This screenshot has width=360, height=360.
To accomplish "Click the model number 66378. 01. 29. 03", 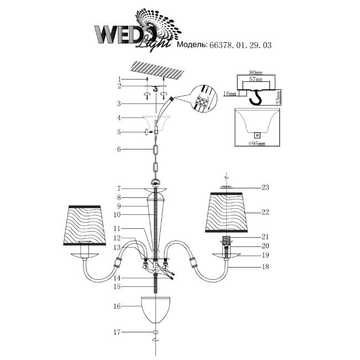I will (x=240, y=47).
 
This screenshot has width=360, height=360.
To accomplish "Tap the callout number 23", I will (x=266, y=187).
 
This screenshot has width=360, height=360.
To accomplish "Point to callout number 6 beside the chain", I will (x=118, y=149).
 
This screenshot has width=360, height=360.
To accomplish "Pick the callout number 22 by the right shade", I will (x=265, y=212).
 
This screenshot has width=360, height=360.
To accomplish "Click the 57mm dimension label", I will (x=255, y=79).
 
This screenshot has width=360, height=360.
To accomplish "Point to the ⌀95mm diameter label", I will (x=255, y=144).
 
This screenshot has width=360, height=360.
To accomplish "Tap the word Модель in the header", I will (x=190, y=47).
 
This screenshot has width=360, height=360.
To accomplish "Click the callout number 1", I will (x=118, y=79).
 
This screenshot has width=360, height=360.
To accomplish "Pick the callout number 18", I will (x=265, y=266).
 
